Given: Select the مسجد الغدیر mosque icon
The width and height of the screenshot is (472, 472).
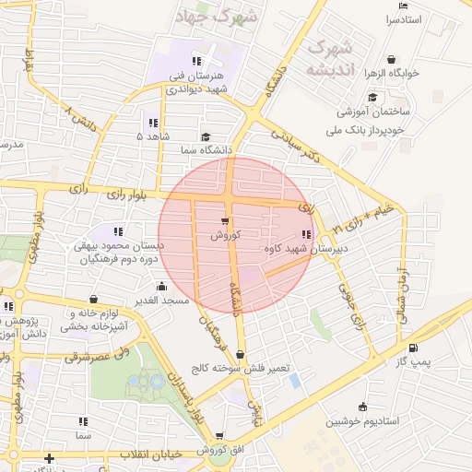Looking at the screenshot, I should pos(162,287).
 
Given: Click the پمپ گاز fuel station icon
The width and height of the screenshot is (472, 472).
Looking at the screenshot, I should pos(412,348).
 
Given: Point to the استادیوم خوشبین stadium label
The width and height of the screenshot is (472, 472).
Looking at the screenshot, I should pos(361,421).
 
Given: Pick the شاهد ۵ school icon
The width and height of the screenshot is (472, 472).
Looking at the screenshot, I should pos(152,122).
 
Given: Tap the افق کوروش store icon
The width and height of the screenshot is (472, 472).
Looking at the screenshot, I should pos(219,436).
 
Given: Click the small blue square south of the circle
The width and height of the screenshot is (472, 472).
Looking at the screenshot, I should pos(294,380).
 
